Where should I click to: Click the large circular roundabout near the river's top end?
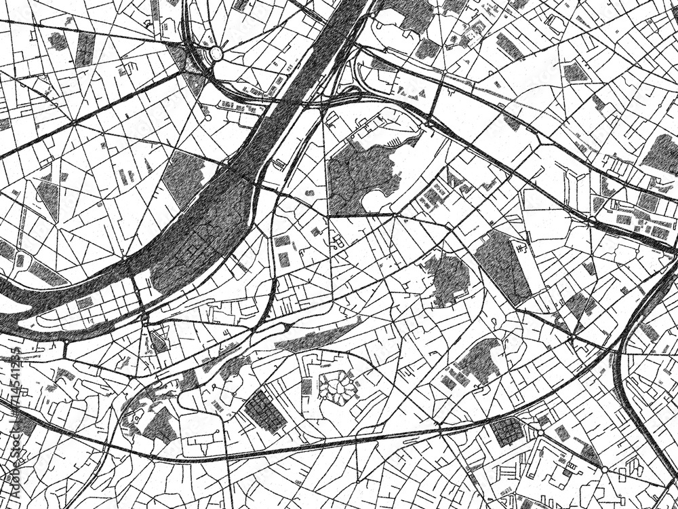216,53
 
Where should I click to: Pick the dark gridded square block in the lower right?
508,432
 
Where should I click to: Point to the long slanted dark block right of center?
502,265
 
